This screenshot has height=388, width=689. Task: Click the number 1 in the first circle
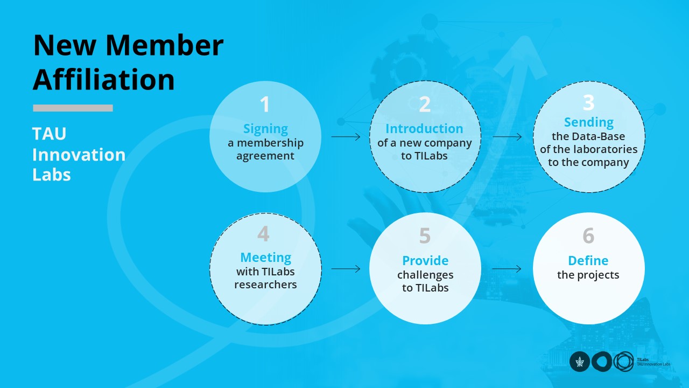[x=265, y=105]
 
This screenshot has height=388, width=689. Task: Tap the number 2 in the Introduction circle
[x=425, y=105]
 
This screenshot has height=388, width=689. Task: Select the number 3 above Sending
[x=589, y=102]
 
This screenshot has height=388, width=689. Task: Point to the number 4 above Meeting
[x=264, y=234]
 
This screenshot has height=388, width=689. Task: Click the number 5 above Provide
[x=425, y=236]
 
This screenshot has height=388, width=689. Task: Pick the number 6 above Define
[x=588, y=236]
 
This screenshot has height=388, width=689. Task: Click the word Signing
[x=265, y=129]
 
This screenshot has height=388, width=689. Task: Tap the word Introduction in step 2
[x=424, y=129]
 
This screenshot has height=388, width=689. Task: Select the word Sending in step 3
[x=589, y=122]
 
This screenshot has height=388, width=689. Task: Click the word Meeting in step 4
[x=265, y=258]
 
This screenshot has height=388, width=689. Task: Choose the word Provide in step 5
[x=425, y=261]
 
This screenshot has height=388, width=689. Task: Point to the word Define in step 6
[x=588, y=261]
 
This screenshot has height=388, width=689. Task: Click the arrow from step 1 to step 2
[x=346, y=137]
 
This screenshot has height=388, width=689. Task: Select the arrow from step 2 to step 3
[x=507, y=137]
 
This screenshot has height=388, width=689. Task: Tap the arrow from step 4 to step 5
[x=346, y=269]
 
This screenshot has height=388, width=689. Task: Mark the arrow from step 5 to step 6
[x=507, y=269]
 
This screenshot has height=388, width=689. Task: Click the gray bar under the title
[x=73, y=108]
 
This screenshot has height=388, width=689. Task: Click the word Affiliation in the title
[x=104, y=79]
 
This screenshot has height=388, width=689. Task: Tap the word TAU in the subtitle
[x=49, y=134]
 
